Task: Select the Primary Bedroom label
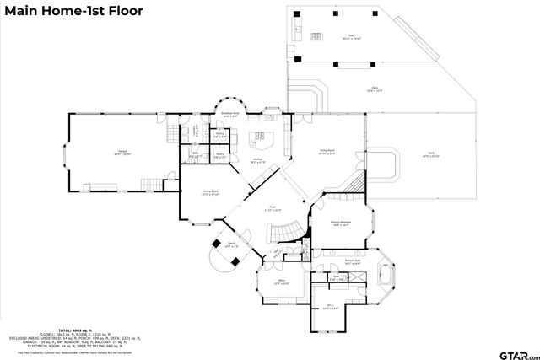coord(340,223)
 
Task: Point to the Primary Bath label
coord(353,262)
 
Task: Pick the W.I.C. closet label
coord(332,309)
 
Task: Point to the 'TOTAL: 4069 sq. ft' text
coord(72,330)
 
